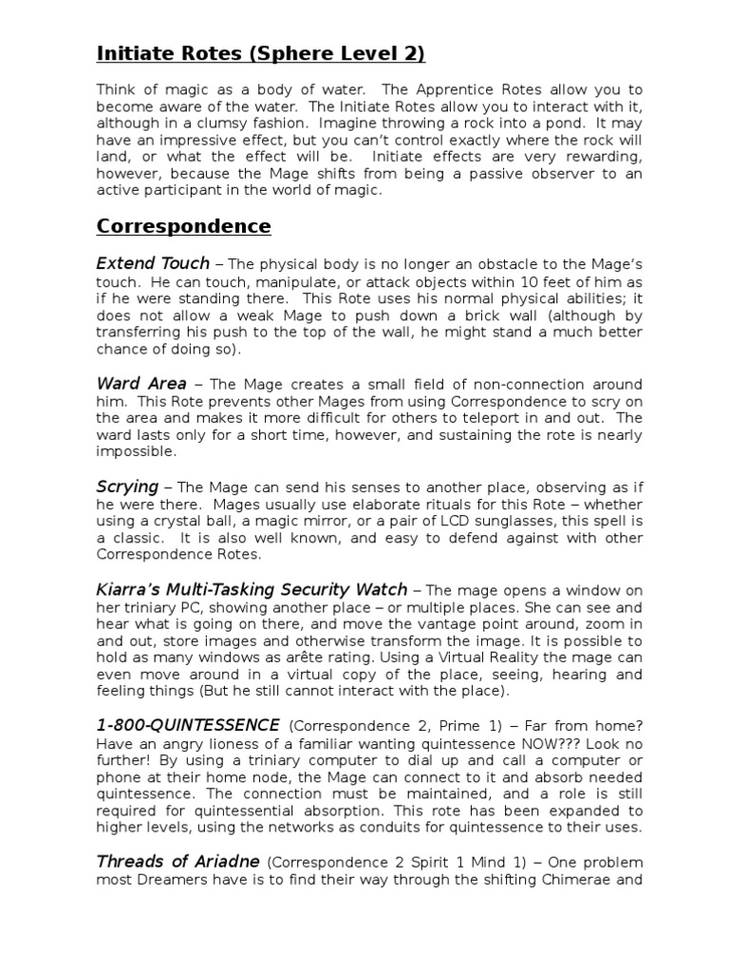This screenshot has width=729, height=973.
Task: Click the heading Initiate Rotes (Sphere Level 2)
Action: [x=260, y=54]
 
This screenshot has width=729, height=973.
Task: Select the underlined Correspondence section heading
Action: [x=183, y=226]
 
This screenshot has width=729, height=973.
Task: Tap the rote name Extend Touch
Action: [x=152, y=263]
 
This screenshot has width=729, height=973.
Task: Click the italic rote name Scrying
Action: [x=127, y=486]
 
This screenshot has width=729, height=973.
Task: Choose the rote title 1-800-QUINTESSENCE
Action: [x=188, y=725]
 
